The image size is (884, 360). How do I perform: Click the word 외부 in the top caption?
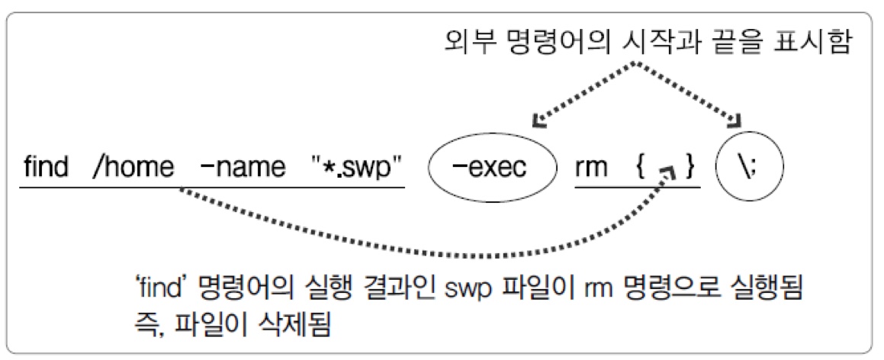(x=466, y=42)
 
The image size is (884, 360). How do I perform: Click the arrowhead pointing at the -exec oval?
(x=537, y=121)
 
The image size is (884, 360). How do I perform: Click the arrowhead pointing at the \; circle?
(x=737, y=121)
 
